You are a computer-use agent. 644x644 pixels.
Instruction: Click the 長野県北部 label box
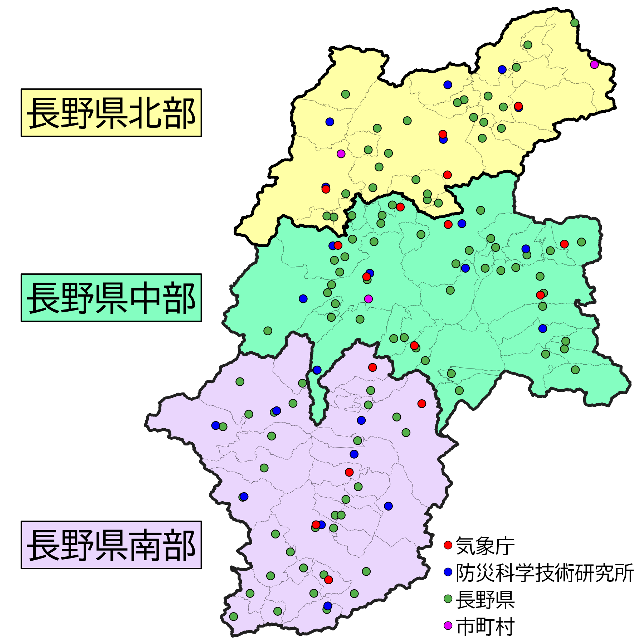tap(111, 113)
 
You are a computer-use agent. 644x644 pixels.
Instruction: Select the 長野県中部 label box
tap(111, 298)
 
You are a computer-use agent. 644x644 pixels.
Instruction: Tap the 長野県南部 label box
tap(111, 545)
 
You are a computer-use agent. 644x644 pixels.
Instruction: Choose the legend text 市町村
tap(485, 626)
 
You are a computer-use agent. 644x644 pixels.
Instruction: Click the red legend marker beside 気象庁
tap(448, 545)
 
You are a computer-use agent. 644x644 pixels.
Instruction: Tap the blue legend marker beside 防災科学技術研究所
tap(448, 572)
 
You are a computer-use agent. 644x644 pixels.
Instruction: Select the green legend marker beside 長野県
tap(448, 599)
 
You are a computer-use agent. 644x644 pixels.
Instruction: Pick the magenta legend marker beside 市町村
tap(448, 626)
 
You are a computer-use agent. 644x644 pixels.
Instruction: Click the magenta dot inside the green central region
tap(368, 299)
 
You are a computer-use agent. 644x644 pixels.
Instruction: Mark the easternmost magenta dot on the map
tap(594, 65)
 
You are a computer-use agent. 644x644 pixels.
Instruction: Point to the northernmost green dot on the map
tap(575, 23)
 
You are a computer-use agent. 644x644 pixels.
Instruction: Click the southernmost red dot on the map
tap(328, 580)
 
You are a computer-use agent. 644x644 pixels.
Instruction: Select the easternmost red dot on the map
tap(564, 244)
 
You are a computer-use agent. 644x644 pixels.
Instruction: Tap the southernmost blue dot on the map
tap(328, 606)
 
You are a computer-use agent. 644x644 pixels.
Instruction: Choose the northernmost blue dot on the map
tap(502, 69)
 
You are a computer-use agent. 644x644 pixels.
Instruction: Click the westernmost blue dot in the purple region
tap(215, 425)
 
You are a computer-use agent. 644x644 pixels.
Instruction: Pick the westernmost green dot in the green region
tap(268, 331)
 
